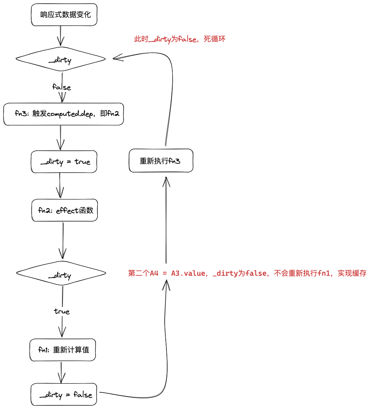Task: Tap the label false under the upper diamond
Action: (x=61, y=87)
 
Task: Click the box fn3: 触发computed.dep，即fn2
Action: (x=64, y=114)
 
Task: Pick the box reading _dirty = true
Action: (x=64, y=162)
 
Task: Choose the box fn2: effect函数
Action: (x=65, y=210)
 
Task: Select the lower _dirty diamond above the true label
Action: (x=61, y=275)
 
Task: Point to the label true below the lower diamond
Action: (x=62, y=311)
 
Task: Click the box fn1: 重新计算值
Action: (x=63, y=350)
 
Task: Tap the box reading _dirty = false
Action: (x=64, y=394)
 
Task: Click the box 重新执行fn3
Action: (x=161, y=161)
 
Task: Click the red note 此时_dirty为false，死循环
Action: (x=180, y=39)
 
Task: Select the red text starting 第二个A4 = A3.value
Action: (x=247, y=273)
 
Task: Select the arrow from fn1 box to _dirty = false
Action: (x=61, y=372)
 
